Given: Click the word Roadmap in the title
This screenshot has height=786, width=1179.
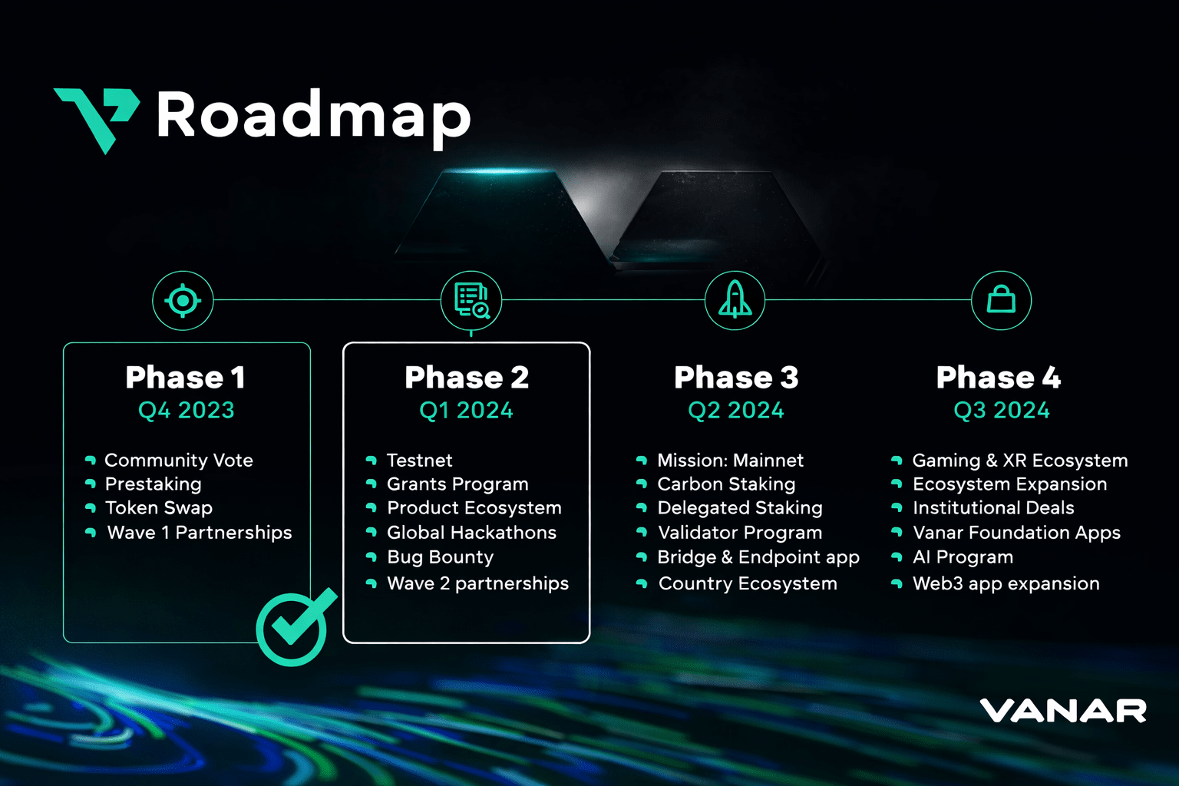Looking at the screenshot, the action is pos(313,116).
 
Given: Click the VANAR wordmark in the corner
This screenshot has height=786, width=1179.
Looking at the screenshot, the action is pos(1062,711).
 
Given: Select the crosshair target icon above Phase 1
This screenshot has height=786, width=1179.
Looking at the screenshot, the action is pos(183,300).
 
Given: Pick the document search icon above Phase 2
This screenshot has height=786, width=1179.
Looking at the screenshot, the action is pos(471,300).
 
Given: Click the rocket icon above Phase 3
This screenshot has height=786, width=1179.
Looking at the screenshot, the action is pos(735,300).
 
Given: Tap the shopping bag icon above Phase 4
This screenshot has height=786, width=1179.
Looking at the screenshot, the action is pos(1001,300).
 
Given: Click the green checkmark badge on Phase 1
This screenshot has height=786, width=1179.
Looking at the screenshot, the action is pos(293,627).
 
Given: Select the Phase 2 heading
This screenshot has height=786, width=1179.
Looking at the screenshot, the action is pos(467,378).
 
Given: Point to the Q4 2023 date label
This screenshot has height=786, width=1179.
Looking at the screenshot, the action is pos(186,411).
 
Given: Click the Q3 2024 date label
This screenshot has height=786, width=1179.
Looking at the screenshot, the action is pos(1001,411).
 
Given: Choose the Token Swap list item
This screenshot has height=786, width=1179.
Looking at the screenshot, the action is pos(159,508).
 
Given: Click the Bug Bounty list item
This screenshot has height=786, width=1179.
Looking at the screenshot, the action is pos(440,557).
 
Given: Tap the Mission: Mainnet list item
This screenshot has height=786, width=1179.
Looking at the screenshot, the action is pos(730,461).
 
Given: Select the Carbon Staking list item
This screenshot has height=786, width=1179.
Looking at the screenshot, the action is pos(726,484).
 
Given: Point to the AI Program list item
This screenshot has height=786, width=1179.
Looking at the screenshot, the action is pos(963,557).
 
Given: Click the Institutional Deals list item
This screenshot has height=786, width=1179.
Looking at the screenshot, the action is pos(993,508).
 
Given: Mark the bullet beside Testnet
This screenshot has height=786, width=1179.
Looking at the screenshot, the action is pos(372,461).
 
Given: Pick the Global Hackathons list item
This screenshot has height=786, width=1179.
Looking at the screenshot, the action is pos(471,533).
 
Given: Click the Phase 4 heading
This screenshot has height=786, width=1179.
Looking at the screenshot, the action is pos(999,378).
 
